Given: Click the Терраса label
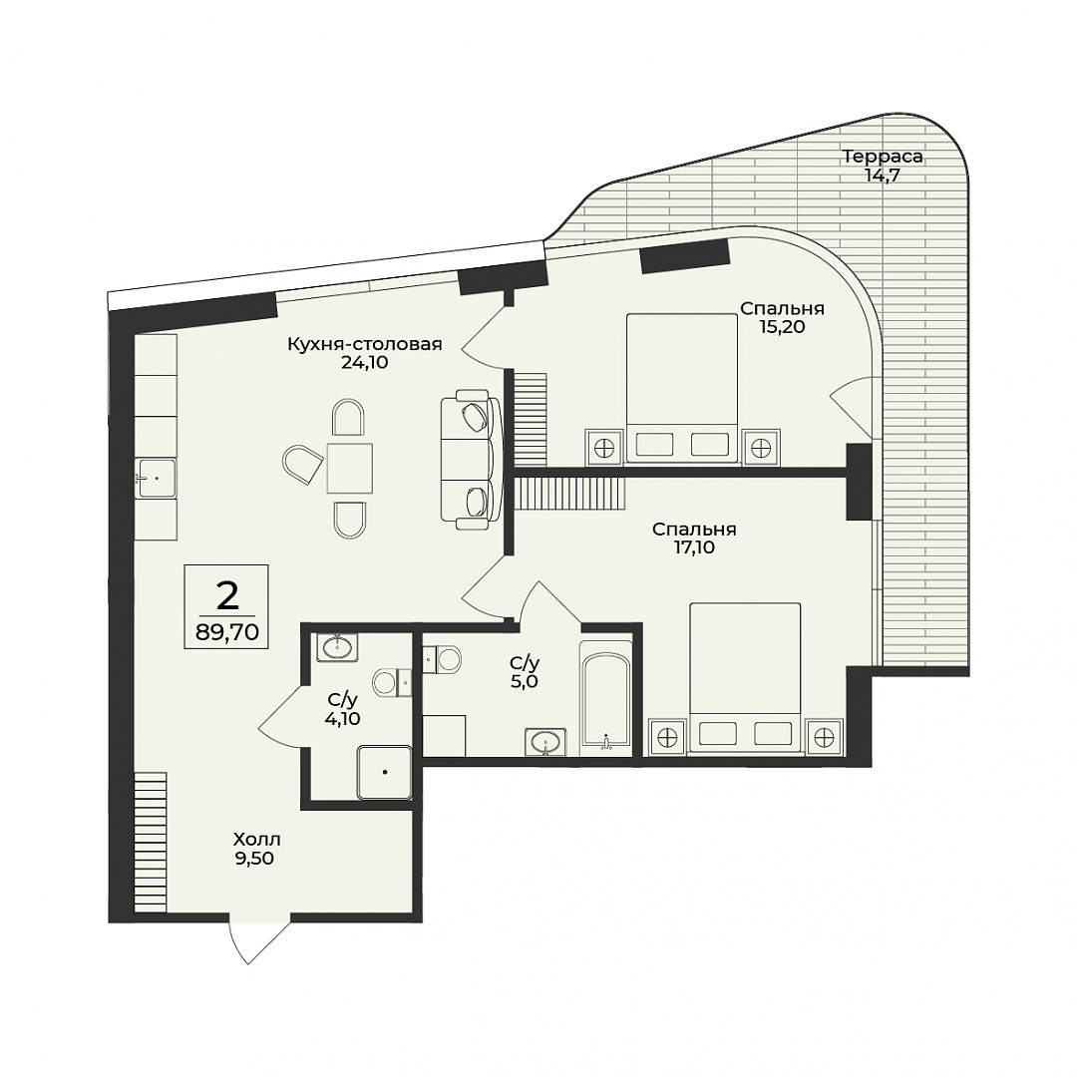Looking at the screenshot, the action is tap(883, 157).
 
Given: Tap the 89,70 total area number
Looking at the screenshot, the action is tap(227, 632).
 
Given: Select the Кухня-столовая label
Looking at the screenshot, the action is tap(364, 344).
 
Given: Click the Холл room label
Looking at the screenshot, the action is tap(257, 840).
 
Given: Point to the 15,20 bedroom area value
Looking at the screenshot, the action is tap(782, 327).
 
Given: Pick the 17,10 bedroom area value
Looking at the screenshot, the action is tap(694, 547).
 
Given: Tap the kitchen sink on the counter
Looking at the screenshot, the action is tap(156, 478).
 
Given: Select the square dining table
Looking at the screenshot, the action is tap(350, 469).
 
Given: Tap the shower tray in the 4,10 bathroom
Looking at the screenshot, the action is tap(384, 773).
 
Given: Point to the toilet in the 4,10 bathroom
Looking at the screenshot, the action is tap(392, 683).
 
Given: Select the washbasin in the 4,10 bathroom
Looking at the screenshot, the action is tap(337, 646).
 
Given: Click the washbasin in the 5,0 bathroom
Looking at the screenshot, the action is tap(546, 742).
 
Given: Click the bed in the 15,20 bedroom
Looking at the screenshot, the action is tap(681, 389).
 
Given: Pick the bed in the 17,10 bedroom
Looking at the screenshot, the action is tap(745, 679).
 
